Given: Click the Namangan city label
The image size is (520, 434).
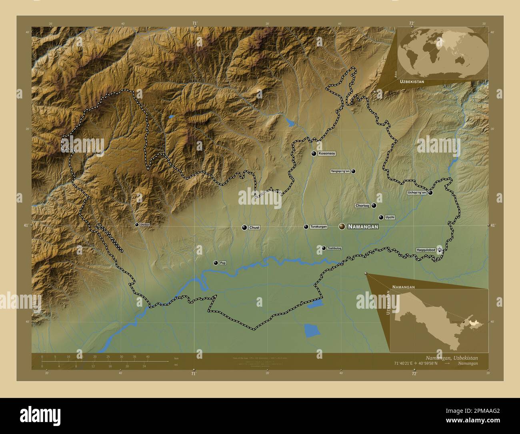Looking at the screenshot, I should [363, 227].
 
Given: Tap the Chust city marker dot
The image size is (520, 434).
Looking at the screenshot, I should [244, 227].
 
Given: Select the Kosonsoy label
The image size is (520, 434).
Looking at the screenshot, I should [327, 153].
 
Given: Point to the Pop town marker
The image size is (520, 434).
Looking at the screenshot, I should [216, 263].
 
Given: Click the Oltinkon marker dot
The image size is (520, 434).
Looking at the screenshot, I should [137, 225].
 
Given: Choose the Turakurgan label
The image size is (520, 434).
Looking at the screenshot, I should [318, 227].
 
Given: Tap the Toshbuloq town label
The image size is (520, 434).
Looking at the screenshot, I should [334, 248].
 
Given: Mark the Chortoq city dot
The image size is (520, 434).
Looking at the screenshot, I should [374, 205].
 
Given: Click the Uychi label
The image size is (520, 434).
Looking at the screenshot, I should [390, 217].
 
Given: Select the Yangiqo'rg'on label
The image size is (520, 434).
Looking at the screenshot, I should [340, 171].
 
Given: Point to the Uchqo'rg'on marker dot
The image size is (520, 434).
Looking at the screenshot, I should [430, 193].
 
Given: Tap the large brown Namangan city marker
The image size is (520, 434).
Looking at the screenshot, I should [342, 227].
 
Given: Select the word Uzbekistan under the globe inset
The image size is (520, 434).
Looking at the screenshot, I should [412, 81].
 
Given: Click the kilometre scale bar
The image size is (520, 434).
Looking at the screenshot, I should [105, 361].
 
